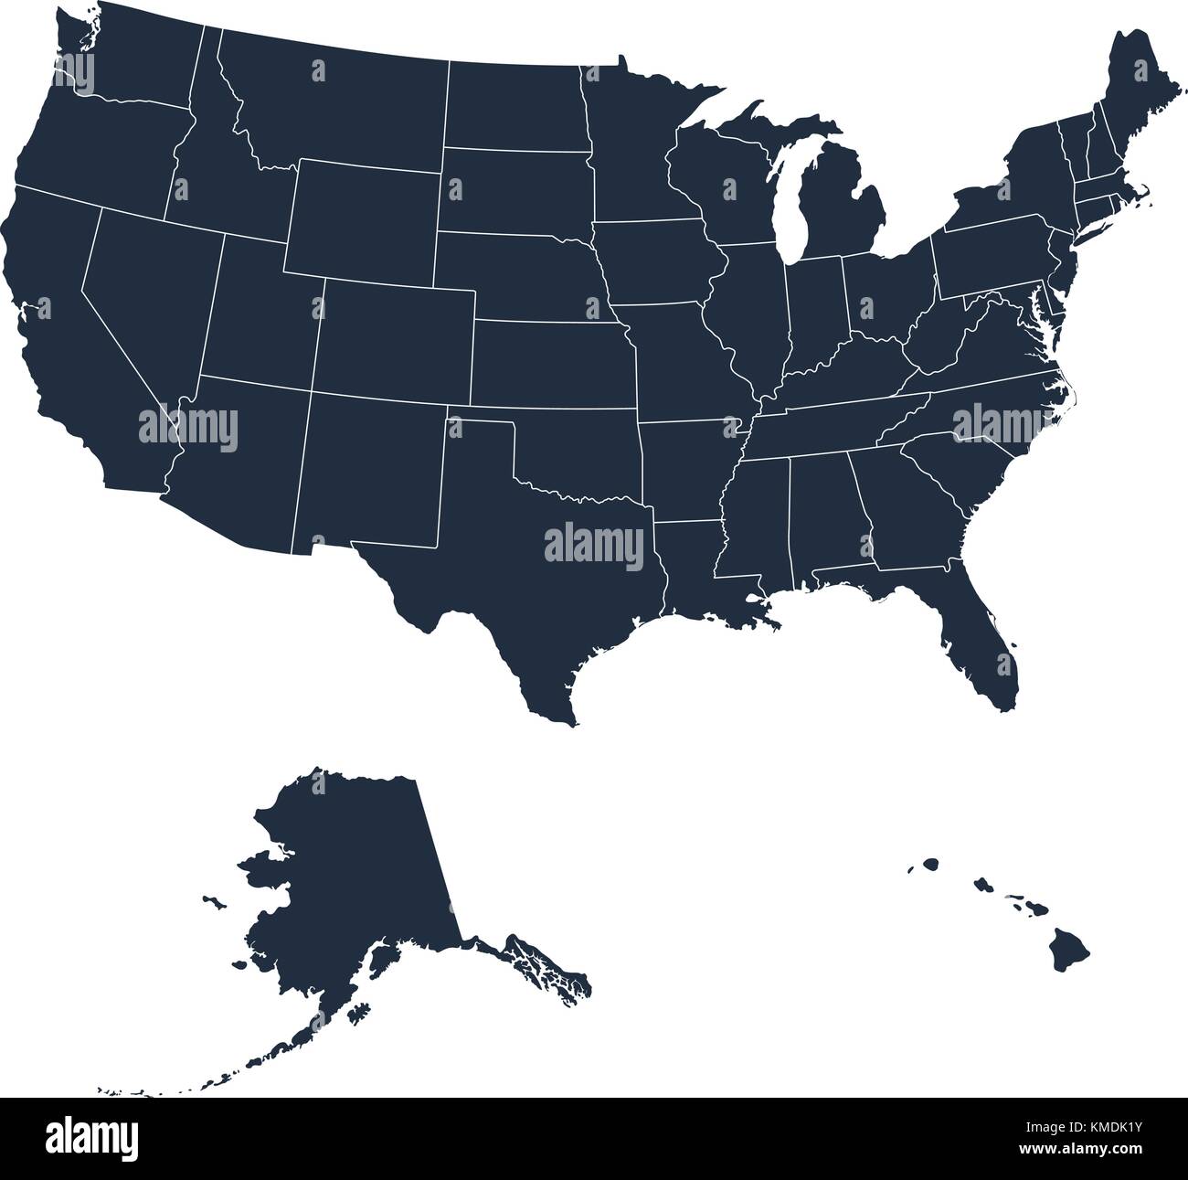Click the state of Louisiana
pos(695,567)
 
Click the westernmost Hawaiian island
pos(930,863)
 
